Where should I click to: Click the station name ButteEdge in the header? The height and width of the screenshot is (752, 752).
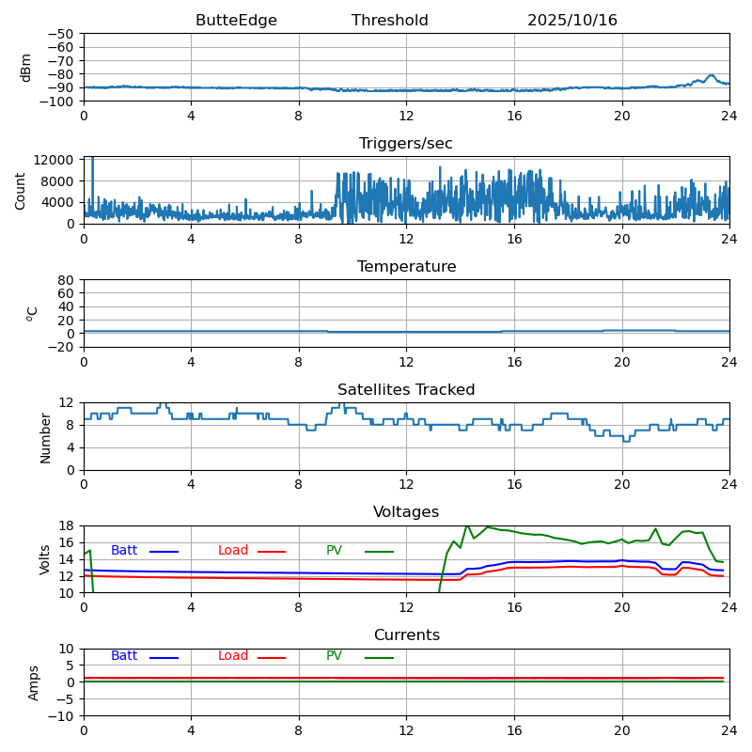point(236,21)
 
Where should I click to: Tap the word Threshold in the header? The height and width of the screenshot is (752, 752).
point(390,21)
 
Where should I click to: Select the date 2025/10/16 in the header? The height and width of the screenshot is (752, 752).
point(572,21)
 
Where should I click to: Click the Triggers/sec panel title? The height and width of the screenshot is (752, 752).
point(406,144)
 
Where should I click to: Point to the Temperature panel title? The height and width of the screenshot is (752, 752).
point(406,267)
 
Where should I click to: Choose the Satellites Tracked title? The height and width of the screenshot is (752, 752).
point(406,390)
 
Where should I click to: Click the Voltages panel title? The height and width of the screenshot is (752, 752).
point(406,512)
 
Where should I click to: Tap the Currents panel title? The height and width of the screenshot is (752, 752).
point(406,635)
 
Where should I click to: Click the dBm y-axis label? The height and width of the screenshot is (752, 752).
point(26,68)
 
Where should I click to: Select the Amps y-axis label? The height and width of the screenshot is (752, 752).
point(34,682)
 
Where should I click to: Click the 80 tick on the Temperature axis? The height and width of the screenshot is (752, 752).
point(67,280)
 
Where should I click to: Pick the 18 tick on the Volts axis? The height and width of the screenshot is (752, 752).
point(67,526)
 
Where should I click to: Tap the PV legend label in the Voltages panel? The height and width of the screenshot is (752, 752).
point(335,551)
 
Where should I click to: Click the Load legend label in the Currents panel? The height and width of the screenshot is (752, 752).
point(233,656)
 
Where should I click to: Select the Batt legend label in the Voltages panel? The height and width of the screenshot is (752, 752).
point(124,551)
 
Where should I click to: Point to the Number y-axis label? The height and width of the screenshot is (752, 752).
point(46,437)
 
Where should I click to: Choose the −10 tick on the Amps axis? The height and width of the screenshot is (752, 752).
point(63,716)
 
